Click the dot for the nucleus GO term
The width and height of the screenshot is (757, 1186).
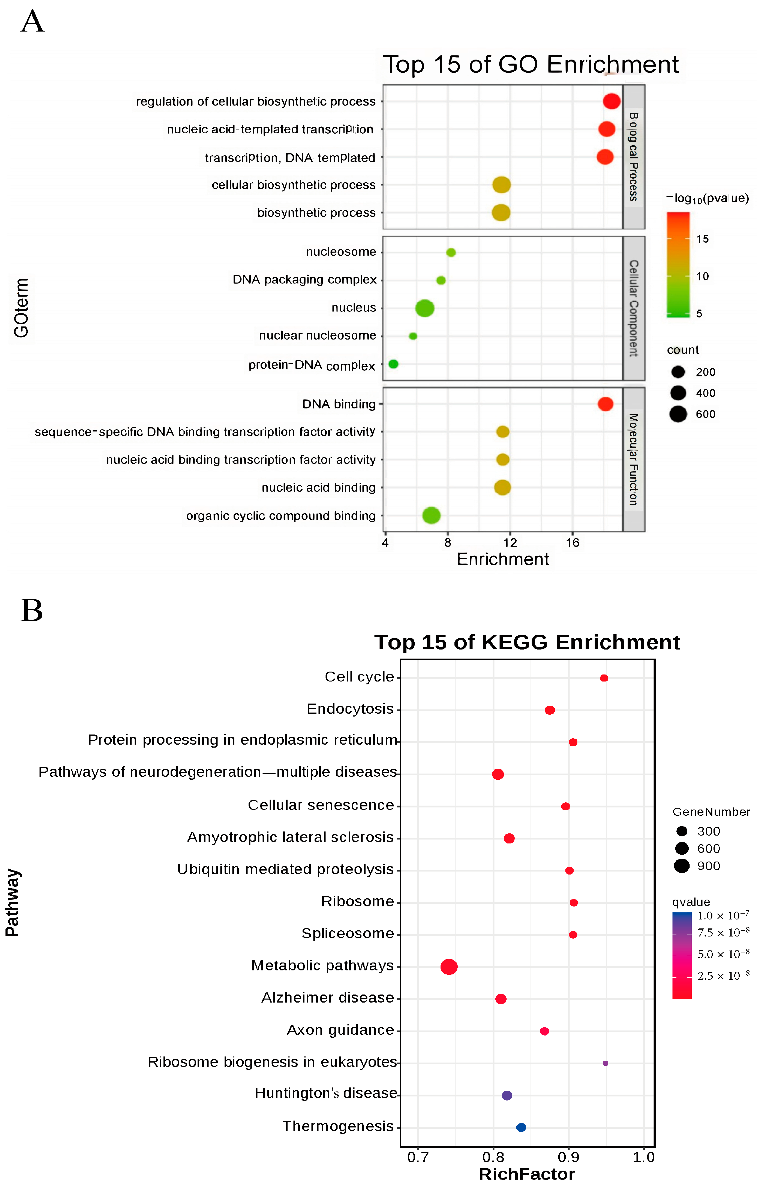424,308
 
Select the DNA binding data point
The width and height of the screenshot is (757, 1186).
605,404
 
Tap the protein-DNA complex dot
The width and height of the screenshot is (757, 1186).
393,364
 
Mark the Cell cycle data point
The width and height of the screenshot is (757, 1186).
604,678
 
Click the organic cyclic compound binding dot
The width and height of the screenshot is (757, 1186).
431,515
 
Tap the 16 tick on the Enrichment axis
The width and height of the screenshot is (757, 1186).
572,543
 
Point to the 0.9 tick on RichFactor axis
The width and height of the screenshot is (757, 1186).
568,1157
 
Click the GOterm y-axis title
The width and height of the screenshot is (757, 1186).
21,308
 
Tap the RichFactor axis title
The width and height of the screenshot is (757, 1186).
527,1174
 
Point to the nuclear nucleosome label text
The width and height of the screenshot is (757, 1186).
317,335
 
